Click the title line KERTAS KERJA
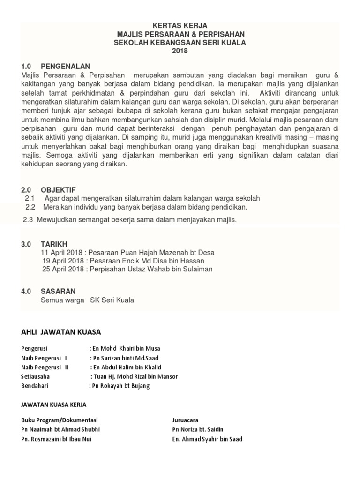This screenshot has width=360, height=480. tap(180, 26)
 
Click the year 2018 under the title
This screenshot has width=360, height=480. tap(180, 51)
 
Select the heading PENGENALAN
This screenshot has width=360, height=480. tap(65, 66)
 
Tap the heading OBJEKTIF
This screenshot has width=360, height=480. tap(58, 190)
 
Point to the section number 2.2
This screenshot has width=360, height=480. tap(30, 207)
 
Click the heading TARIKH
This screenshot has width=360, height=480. tap(54, 244)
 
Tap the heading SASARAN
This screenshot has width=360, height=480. tap(58, 291)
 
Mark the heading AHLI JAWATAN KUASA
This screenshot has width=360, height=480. tap(61, 332)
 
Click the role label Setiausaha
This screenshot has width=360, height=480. tap(35, 376)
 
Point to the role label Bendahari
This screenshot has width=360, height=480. tap(35, 386)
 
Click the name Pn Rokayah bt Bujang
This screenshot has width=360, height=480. tap(121, 386)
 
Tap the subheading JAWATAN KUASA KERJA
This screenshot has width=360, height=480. tap(54, 404)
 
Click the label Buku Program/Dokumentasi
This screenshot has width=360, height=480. tap(60, 420)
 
